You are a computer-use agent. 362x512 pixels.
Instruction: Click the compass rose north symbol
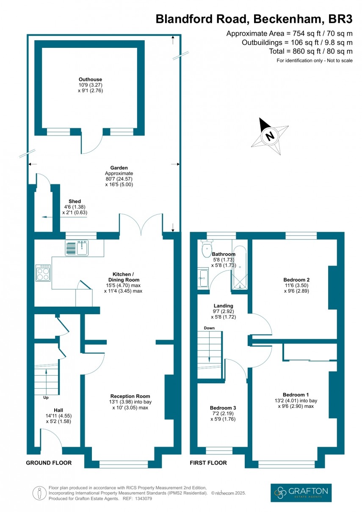270,136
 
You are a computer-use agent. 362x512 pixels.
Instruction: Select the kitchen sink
76,248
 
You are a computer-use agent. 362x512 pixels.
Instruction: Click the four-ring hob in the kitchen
43,273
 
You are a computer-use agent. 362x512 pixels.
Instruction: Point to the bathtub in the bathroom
240,268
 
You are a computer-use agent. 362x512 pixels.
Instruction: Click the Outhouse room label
90,79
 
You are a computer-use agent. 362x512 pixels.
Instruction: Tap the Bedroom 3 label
223,408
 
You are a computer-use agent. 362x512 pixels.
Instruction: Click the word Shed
75,201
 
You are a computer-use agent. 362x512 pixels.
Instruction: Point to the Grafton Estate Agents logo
301,493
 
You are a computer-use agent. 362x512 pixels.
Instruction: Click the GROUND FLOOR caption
49,463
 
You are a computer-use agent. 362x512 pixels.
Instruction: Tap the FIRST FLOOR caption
208,463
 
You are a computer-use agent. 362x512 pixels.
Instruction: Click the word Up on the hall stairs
45,398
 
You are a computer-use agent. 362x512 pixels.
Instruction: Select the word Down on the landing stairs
209,328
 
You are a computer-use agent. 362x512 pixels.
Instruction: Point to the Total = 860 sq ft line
310,52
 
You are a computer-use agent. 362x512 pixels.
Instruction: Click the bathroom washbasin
203,278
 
